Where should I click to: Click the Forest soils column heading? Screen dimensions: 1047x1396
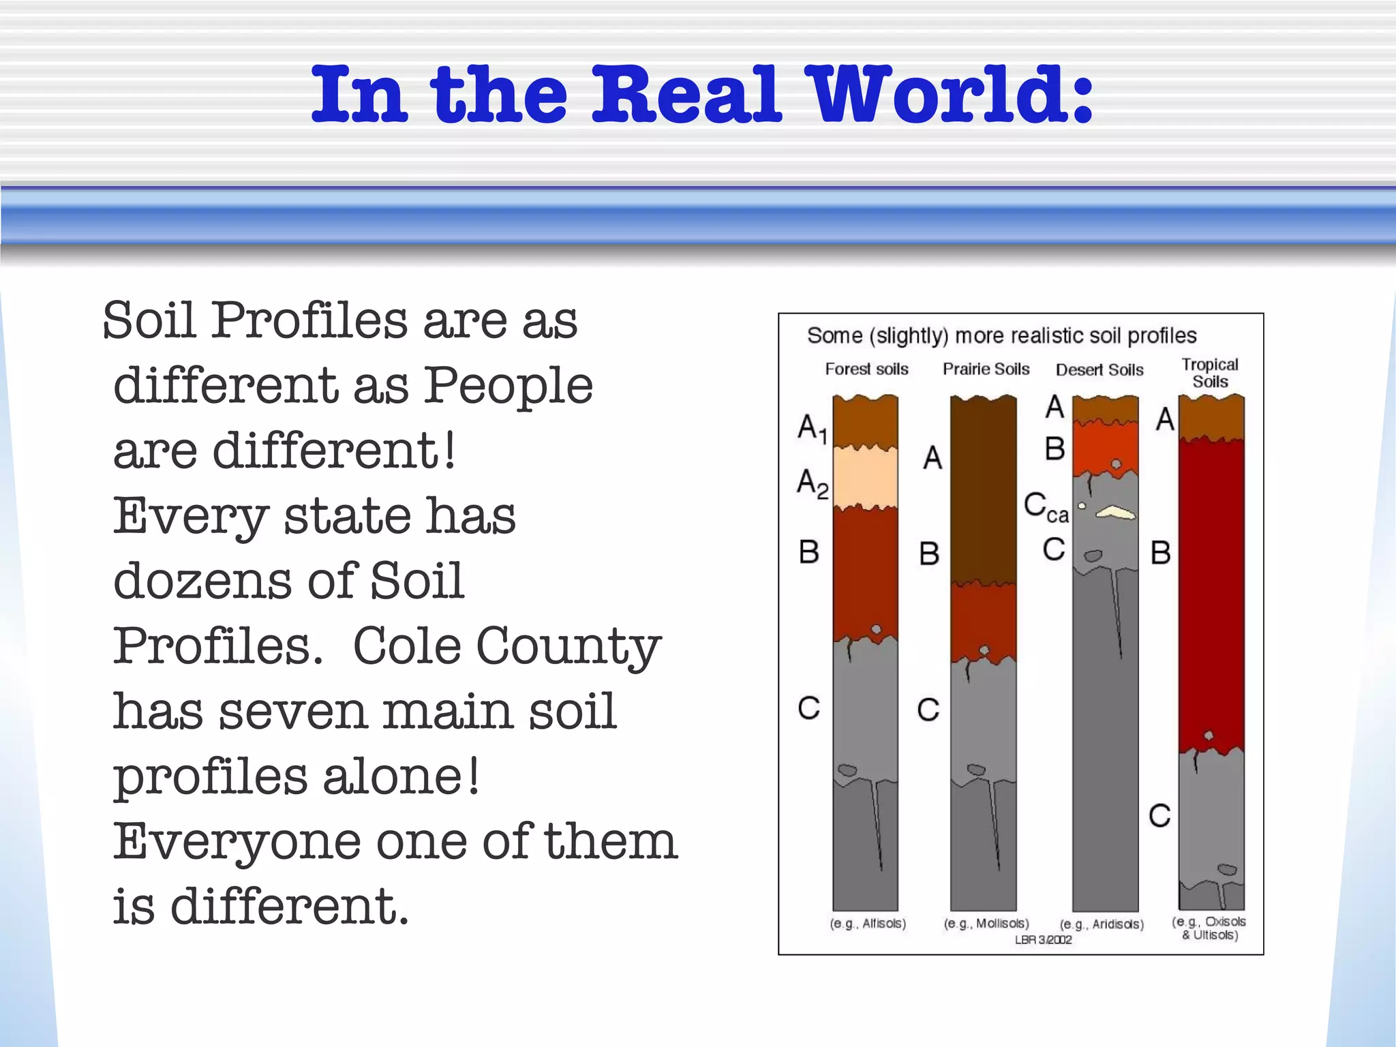pyautogui.click(x=866, y=369)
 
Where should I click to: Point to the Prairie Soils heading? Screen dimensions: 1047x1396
pyautogui.click(x=986, y=369)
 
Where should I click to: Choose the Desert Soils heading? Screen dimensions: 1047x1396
pyautogui.click(x=1099, y=370)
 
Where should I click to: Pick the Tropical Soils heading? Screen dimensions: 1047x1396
pyautogui.click(x=1210, y=373)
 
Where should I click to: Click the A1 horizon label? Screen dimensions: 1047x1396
pyautogui.click(x=813, y=429)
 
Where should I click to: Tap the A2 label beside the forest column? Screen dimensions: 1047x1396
pyautogui.click(x=813, y=483)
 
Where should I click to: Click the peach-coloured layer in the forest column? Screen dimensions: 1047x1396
pyautogui.click(x=866, y=477)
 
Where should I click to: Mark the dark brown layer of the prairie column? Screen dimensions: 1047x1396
pyautogui.click(x=983, y=491)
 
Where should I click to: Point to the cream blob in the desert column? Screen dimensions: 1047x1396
pyautogui.click(x=1116, y=512)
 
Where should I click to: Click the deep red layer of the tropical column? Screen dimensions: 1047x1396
pyautogui.click(x=1211, y=593)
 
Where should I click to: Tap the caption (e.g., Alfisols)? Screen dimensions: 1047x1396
pyautogui.click(x=867, y=924)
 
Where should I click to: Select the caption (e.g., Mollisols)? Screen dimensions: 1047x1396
pyautogui.click(x=986, y=924)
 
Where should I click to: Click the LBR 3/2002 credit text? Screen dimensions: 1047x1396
pyautogui.click(x=1043, y=940)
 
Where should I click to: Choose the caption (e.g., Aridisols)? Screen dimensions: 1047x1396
pyautogui.click(x=1102, y=924)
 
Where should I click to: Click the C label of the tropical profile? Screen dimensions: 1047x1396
pyautogui.click(x=1159, y=816)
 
